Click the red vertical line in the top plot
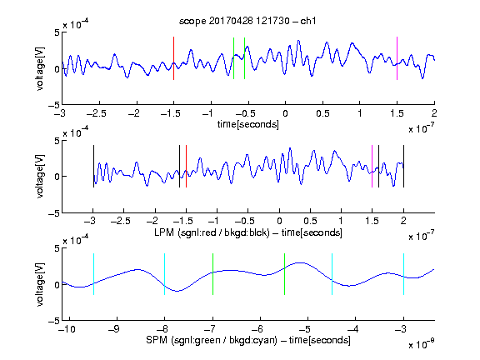173,58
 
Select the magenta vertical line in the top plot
397,58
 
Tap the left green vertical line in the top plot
233,58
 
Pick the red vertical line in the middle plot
186,166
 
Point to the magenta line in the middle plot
372,166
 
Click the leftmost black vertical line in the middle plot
93,166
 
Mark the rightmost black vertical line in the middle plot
404,166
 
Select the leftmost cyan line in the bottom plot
93,274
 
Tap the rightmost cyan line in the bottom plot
404,274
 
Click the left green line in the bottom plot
212,274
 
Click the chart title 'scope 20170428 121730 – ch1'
247,21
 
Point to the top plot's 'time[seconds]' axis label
248,124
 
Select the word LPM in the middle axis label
164,232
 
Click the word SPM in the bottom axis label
157,340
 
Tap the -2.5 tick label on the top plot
97,113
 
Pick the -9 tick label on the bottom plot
114,329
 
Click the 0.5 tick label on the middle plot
310,221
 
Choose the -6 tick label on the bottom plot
257,329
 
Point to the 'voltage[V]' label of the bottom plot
40,284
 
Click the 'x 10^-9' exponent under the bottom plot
422,344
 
